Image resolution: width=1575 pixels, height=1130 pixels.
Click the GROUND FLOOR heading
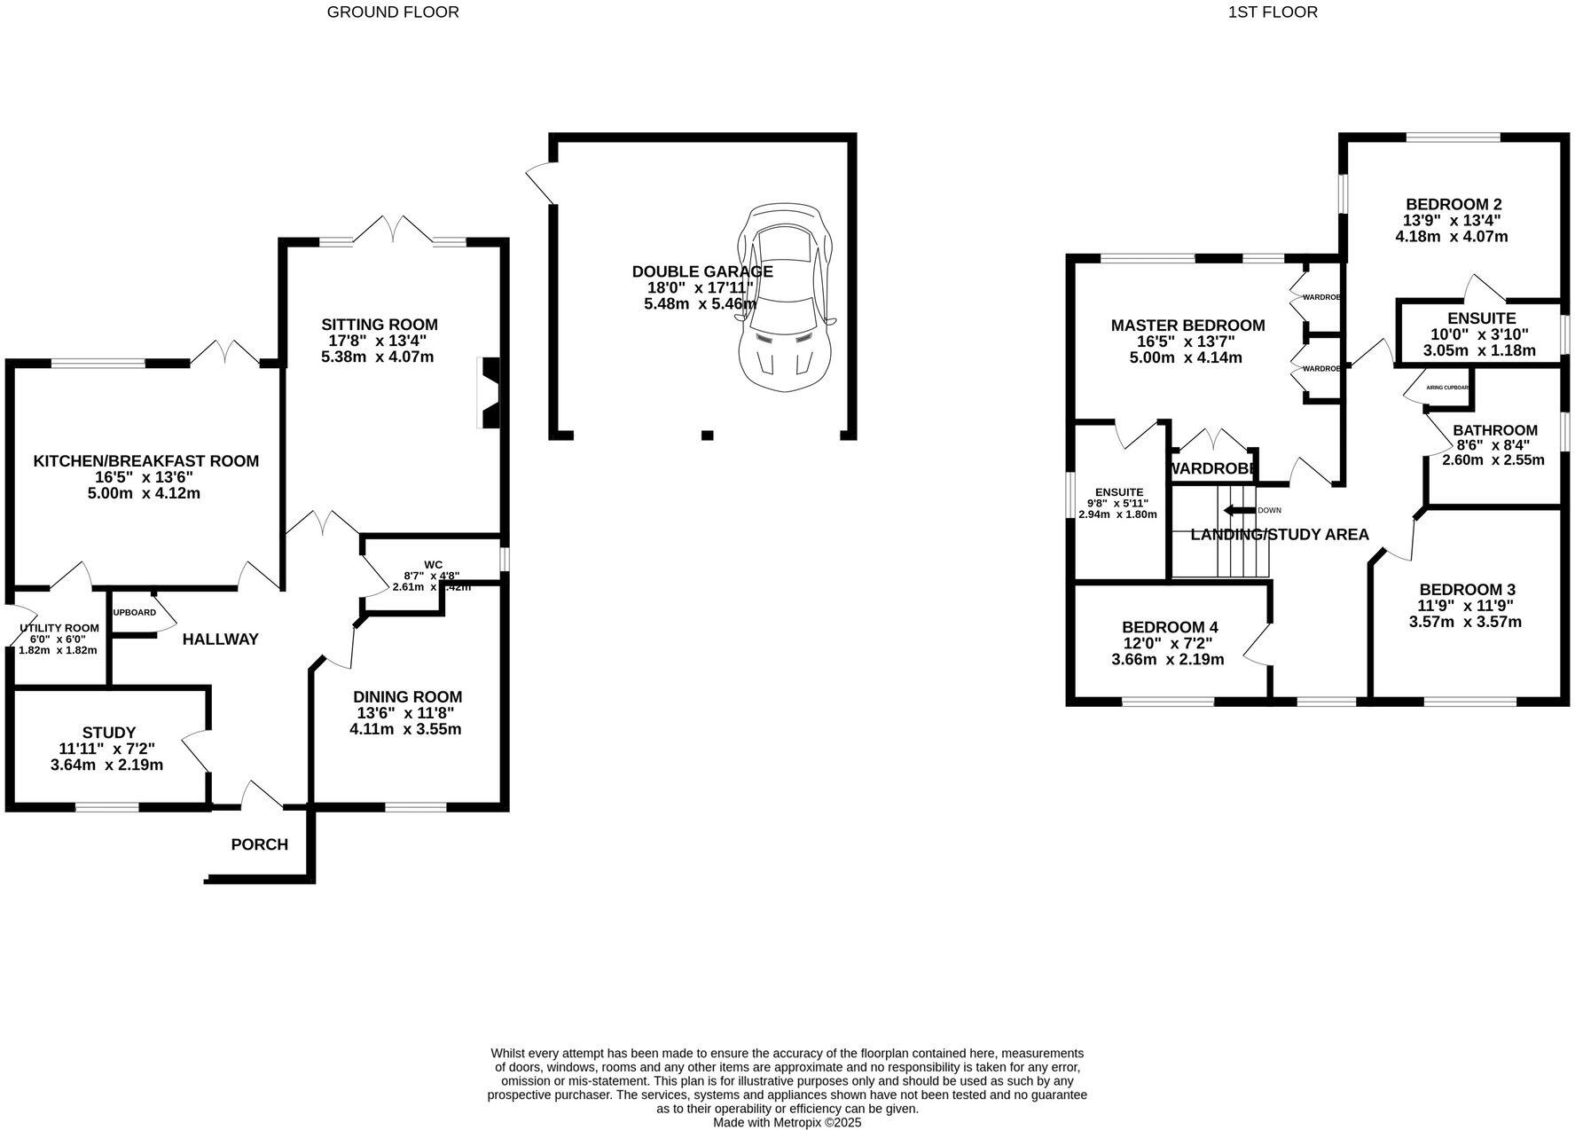pos(393,12)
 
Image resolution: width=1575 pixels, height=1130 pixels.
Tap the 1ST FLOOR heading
pos(1273,12)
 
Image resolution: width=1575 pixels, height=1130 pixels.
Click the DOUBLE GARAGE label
pos(701,271)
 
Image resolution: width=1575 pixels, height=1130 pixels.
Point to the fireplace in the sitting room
pos(489,394)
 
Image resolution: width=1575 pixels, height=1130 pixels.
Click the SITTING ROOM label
pos(379,325)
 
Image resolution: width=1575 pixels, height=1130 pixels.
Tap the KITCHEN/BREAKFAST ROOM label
pos(146,461)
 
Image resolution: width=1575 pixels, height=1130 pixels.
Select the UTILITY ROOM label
pos(59,628)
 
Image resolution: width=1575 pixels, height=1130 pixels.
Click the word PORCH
pos(260,844)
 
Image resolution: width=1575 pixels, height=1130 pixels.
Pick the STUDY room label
pos(108,733)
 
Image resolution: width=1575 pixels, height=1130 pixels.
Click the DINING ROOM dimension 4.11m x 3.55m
pos(405,730)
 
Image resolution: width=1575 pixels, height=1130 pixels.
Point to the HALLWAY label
pos(220,640)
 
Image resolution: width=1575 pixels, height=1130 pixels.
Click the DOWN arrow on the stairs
pos(1238,510)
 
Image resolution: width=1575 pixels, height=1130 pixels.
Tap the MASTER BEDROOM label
pos(1187,326)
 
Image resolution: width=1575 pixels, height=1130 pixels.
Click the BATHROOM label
pos(1494,430)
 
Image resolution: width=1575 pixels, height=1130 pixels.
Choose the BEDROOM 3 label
pos(1467,590)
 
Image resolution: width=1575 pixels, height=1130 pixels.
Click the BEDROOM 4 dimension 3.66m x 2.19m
pos(1167,660)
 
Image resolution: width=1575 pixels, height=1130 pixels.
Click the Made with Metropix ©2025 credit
pos(787,1122)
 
